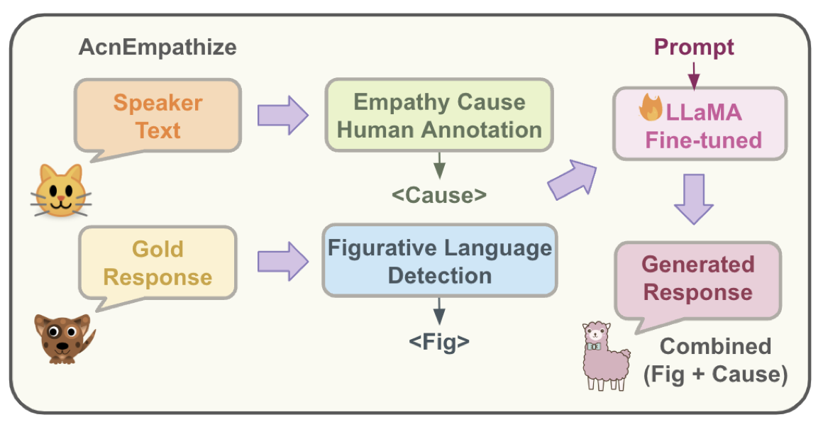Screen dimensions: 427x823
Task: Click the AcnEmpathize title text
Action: [157, 49]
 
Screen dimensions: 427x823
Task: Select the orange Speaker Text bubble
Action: [158, 116]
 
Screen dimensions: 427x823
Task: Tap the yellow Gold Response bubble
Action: [158, 262]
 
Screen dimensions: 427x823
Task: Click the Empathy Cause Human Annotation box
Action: [439, 116]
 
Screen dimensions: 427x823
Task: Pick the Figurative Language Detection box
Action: [439, 261]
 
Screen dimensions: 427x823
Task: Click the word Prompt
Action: [694, 48]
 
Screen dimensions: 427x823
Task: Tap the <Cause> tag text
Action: [439, 194]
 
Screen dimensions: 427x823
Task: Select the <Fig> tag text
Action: [439, 342]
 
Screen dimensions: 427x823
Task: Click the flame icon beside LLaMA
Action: [651, 111]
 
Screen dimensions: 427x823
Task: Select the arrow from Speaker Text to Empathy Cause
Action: [282, 113]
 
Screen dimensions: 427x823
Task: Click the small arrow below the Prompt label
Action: [694, 74]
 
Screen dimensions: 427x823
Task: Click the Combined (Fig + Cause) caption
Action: [715, 360]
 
